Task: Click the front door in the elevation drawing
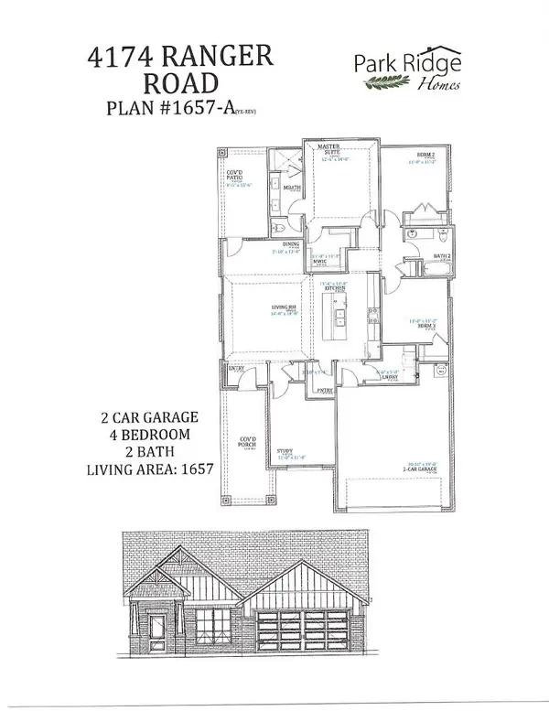pyautogui.click(x=156, y=629)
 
